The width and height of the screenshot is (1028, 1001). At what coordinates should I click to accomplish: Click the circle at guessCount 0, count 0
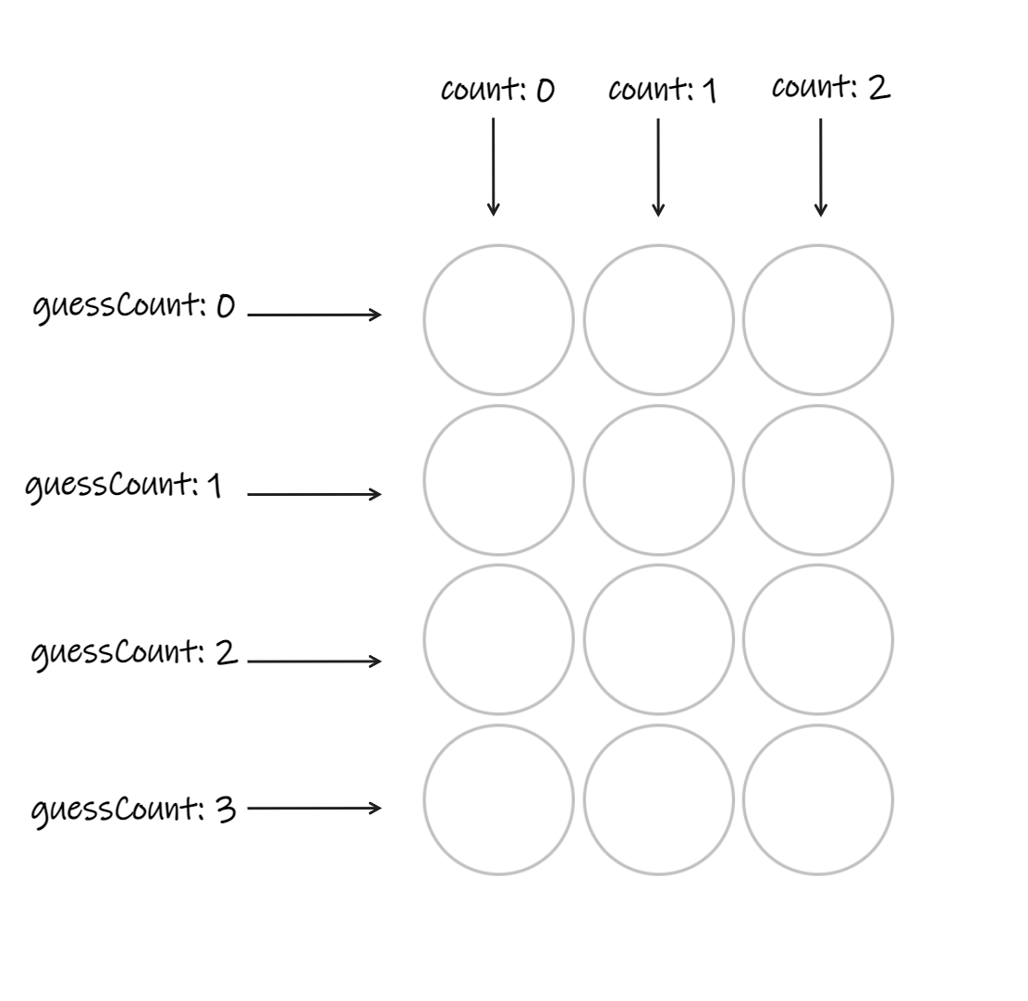(498, 320)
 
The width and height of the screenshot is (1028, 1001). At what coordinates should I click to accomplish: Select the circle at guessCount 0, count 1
(658, 320)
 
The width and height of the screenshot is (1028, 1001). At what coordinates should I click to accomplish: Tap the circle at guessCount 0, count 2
(818, 320)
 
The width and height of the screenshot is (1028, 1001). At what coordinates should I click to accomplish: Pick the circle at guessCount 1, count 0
(498, 480)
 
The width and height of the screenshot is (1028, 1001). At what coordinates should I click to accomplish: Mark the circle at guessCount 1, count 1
(658, 480)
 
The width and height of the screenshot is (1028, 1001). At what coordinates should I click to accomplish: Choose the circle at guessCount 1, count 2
(818, 480)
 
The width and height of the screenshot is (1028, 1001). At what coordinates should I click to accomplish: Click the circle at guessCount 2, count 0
(498, 639)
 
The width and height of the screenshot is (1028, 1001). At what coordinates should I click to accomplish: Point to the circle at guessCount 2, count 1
(658, 639)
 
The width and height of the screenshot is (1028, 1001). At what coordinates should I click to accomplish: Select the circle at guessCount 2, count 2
(818, 639)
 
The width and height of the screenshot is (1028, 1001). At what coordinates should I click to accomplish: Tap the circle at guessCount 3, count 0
(498, 799)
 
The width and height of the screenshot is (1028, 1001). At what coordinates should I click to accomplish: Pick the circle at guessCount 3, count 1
(658, 799)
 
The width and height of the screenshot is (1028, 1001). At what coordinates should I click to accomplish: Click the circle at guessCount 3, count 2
(818, 799)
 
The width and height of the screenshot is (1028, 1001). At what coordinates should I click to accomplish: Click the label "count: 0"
(497, 91)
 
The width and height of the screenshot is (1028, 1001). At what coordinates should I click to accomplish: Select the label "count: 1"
(662, 91)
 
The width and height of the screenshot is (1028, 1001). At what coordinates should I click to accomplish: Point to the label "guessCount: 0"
(134, 306)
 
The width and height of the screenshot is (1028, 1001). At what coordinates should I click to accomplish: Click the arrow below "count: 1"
(658, 167)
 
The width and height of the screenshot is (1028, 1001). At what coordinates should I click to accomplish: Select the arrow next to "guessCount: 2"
(314, 661)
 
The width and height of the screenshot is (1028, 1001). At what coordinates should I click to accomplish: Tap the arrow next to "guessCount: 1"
(314, 494)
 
